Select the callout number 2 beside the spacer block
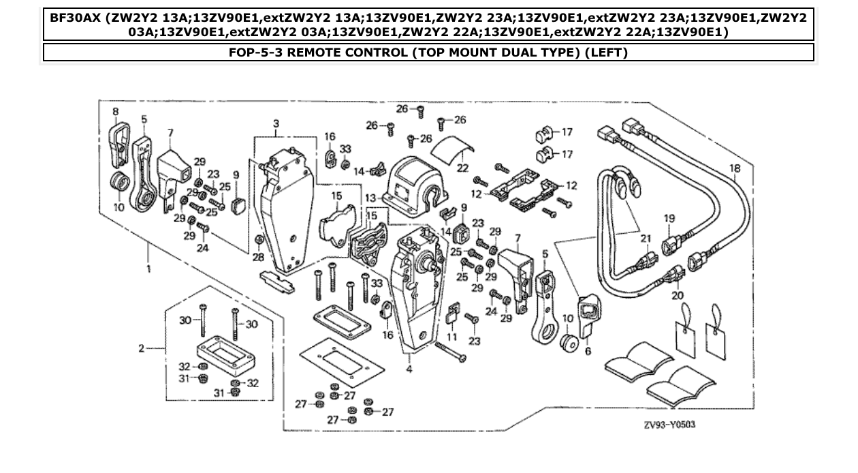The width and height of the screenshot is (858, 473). click(x=142, y=348)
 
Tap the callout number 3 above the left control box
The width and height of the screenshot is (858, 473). click(x=276, y=123)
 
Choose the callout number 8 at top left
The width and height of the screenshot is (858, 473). click(x=115, y=110)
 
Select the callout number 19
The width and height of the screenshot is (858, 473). click(x=669, y=218)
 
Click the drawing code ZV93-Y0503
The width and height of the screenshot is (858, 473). click(x=671, y=424)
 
